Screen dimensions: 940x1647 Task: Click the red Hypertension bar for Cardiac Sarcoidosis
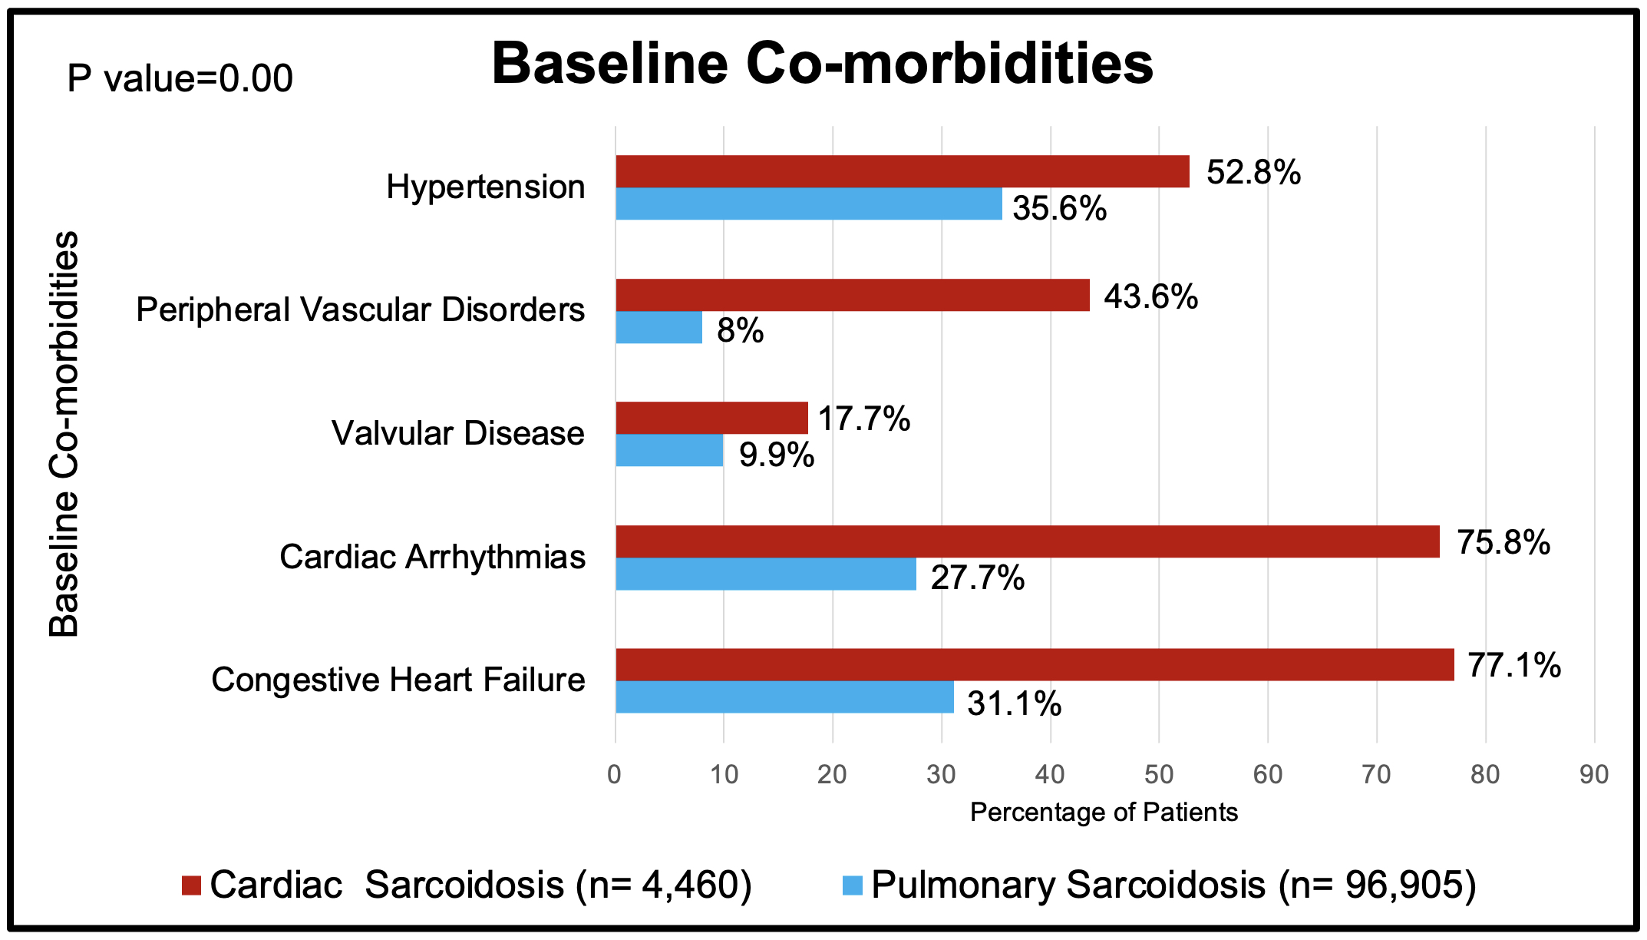pyautogui.click(x=902, y=171)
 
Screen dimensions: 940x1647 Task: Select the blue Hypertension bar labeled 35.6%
pyautogui.click(x=808, y=204)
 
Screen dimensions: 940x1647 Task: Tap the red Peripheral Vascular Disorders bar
pyautogui.click(x=852, y=295)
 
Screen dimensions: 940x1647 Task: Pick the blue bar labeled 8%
pyautogui.click(x=658, y=328)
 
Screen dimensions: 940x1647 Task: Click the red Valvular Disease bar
pyautogui.click(x=711, y=418)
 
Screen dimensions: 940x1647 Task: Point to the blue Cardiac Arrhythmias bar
pyautogui.click(x=765, y=574)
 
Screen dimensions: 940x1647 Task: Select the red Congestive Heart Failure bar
pyautogui.click(x=1035, y=665)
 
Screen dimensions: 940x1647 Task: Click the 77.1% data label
pyautogui.click(x=1513, y=666)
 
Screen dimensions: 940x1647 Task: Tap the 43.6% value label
pyautogui.click(x=1150, y=296)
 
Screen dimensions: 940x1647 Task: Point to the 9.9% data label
pyautogui.click(x=776, y=455)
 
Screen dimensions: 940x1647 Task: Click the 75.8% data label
pyautogui.click(x=1503, y=543)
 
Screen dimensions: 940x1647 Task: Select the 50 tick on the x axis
pyautogui.click(x=1158, y=774)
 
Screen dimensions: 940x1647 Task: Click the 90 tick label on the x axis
pyautogui.click(x=1593, y=774)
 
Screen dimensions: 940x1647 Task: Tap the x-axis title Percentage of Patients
pyautogui.click(x=1104, y=813)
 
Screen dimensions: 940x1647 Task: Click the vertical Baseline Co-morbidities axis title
pyautogui.click(x=64, y=434)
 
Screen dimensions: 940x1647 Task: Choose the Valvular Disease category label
pyautogui.click(x=457, y=434)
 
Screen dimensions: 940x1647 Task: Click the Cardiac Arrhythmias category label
pyautogui.click(x=432, y=558)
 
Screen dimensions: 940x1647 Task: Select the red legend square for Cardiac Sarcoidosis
pyautogui.click(x=191, y=885)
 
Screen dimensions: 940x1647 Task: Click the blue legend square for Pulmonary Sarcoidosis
pyautogui.click(x=852, y=885)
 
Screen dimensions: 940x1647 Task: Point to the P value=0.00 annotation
pyautogui.click(x=180, y=79)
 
